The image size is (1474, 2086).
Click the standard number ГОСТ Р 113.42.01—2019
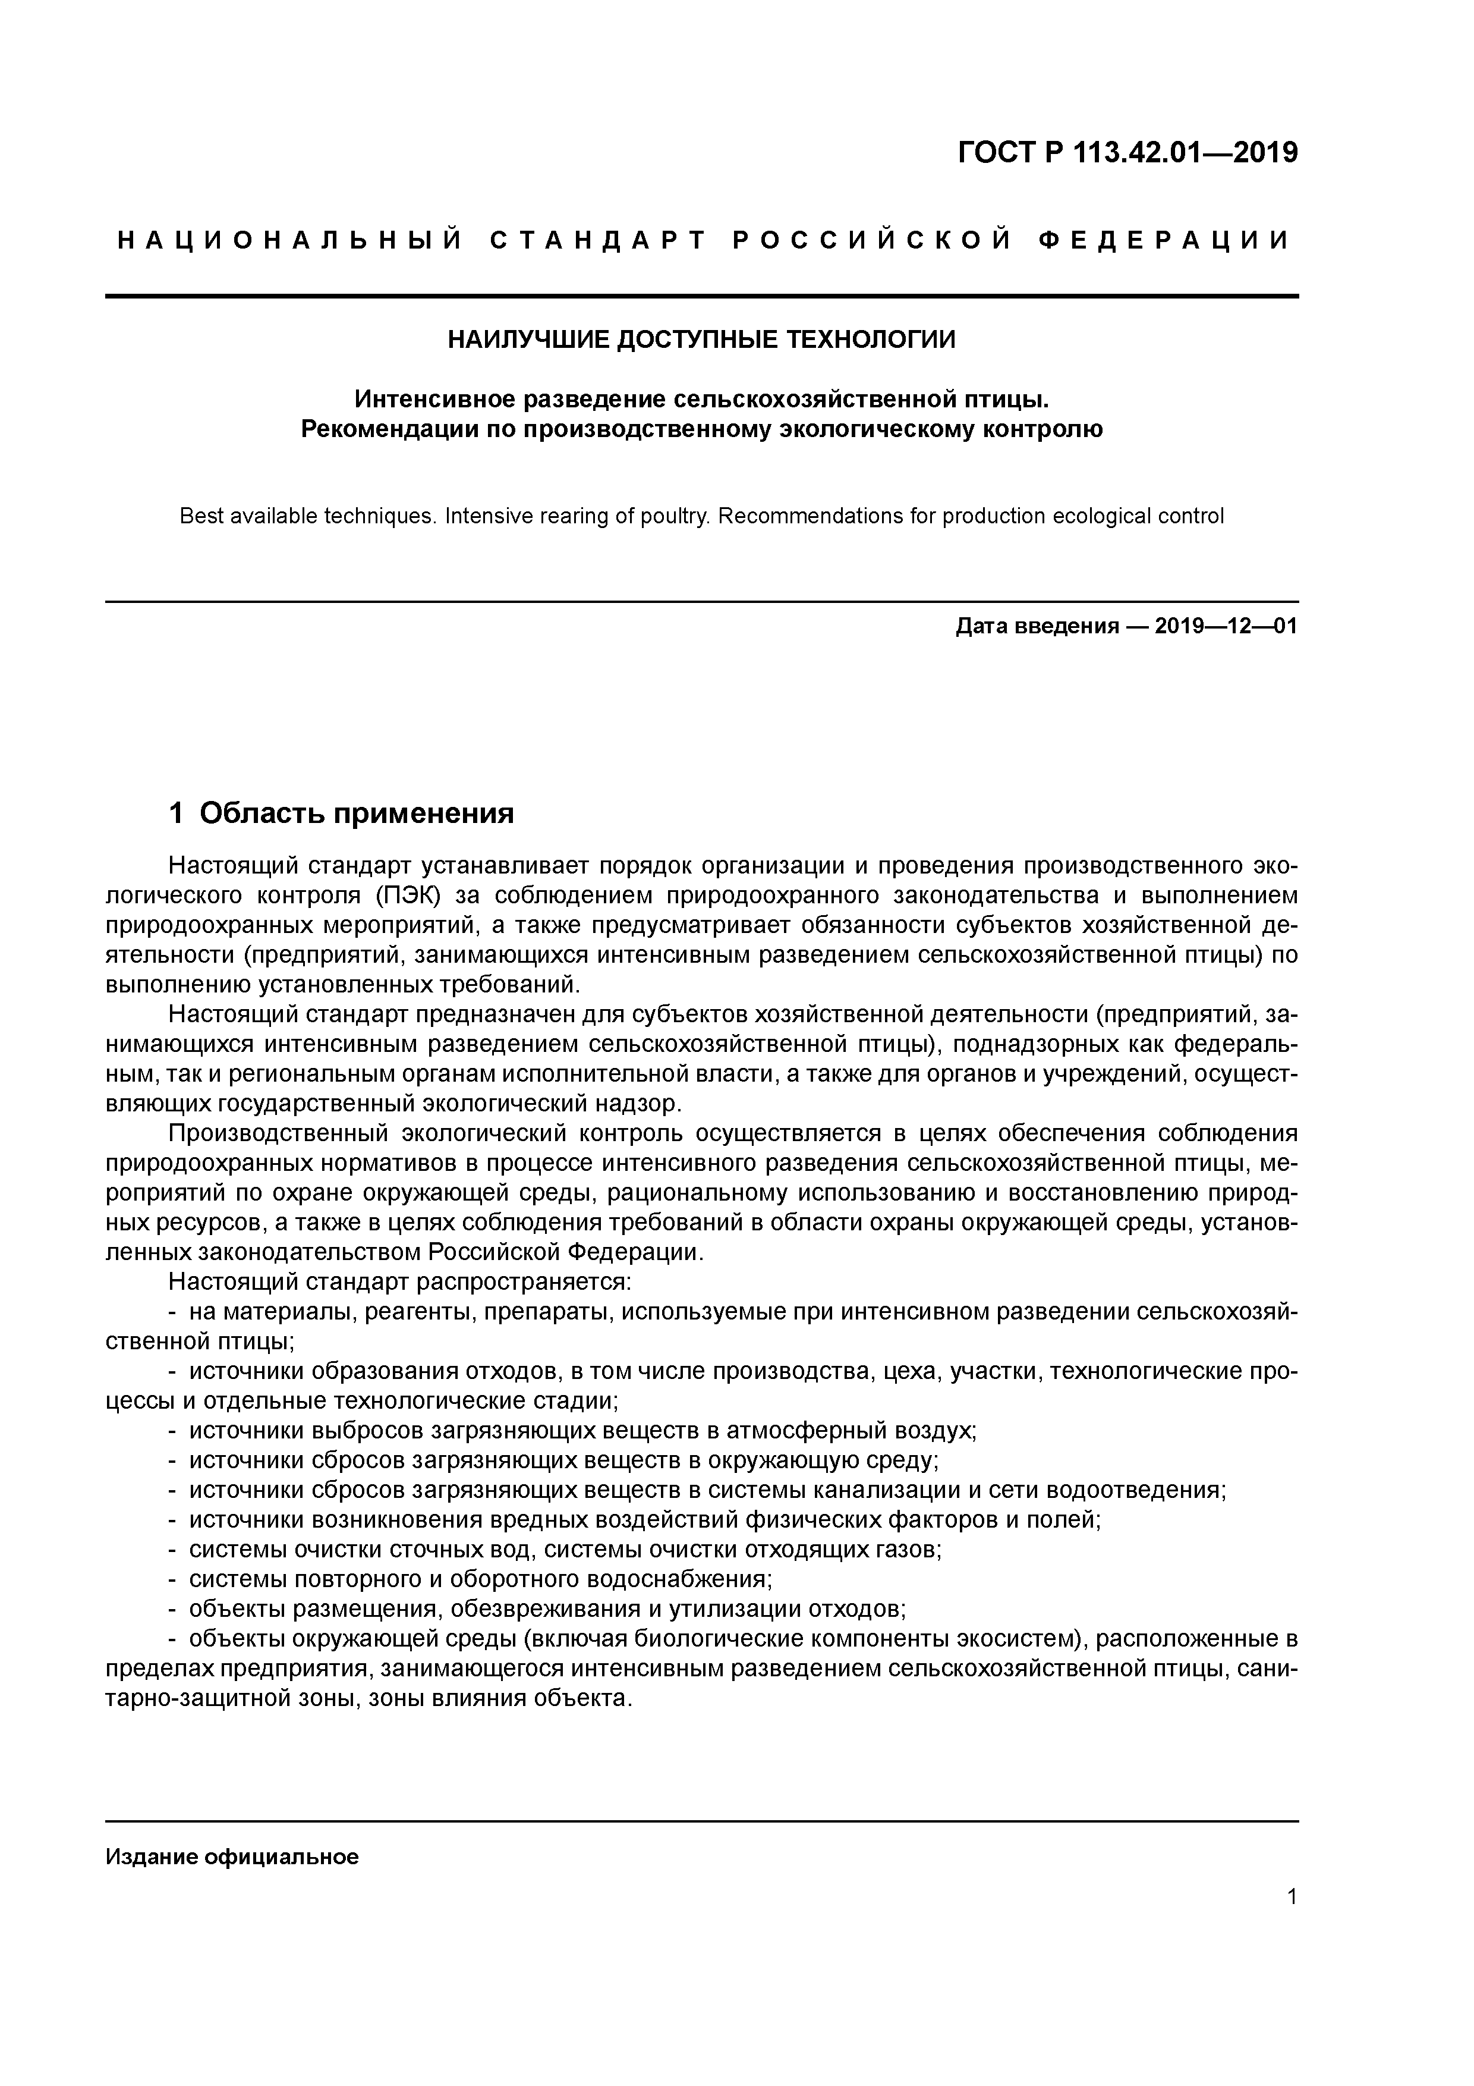click(x=1128, y=153)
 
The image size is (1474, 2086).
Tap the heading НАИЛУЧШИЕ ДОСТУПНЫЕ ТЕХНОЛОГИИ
click(x=701, y=340)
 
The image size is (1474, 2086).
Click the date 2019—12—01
click(x=1226, y=626)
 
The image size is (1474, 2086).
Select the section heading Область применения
click(x=356, y=813)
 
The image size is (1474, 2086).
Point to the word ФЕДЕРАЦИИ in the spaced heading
click(x=1164, y=241)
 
